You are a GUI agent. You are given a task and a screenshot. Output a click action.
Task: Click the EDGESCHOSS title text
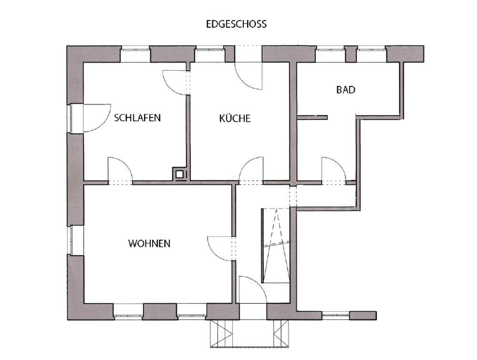237,24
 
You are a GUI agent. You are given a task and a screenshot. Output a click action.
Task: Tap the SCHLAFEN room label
137,117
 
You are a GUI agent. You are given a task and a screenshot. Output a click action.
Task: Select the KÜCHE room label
235,118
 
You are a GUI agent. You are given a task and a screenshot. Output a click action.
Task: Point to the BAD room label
346,90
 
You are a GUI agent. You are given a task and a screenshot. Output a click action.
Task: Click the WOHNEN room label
149,244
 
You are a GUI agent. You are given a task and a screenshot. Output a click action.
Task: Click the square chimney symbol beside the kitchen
180,174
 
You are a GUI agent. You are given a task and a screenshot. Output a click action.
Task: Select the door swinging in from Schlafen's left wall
97,118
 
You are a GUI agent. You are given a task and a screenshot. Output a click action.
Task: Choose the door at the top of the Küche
249,76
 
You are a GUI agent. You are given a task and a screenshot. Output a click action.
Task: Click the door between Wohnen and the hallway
220,249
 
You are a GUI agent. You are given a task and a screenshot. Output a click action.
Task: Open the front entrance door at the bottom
253,290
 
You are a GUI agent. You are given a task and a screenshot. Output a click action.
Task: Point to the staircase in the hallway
276,246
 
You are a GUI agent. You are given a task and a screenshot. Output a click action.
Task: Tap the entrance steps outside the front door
249,334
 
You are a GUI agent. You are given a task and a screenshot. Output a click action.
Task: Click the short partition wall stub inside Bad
312,117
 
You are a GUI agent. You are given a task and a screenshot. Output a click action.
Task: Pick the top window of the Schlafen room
135,54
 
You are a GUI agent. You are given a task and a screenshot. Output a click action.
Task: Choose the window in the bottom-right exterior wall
336,315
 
